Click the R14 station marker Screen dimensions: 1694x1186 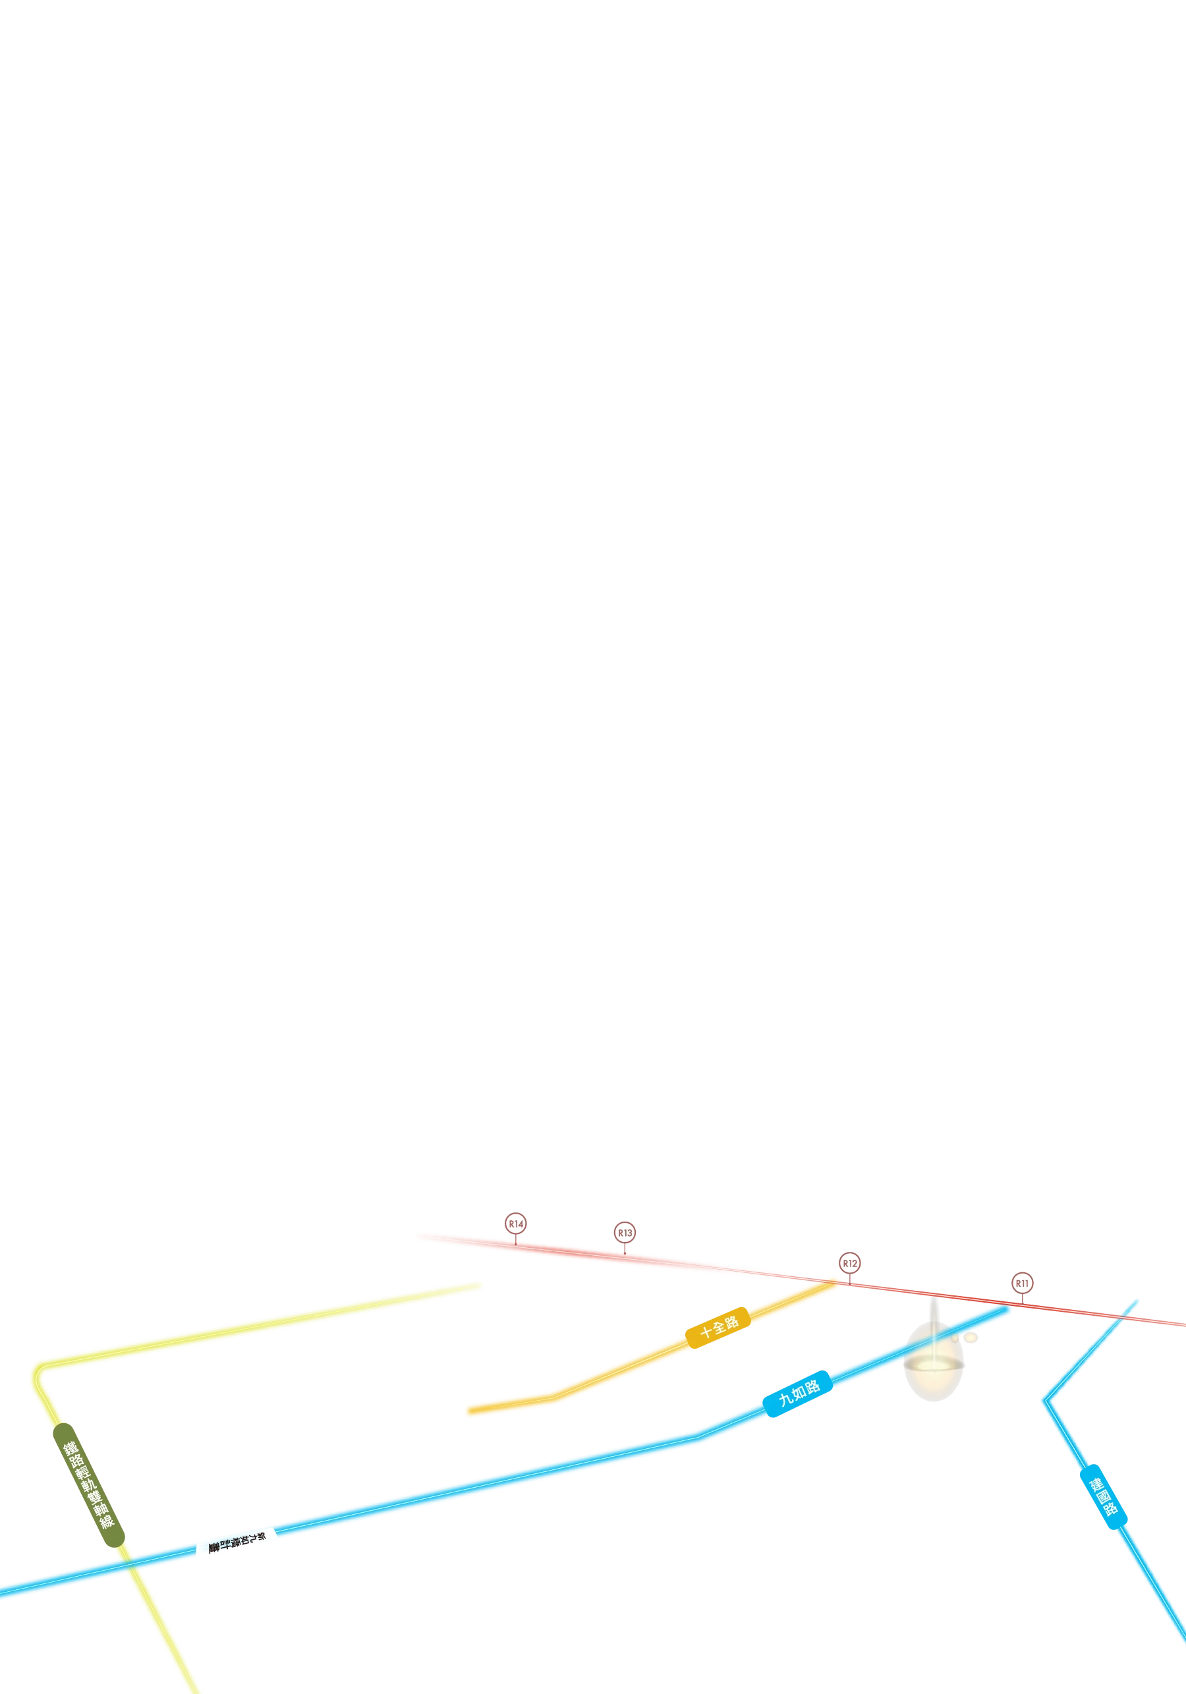coord(516,1224)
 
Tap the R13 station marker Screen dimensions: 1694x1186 coord(625,1232)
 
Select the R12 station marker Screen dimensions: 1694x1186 coord(849,1262)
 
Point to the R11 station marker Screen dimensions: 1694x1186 coord(1021,1283)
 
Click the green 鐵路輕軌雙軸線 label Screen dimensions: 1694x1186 coord(88,1483)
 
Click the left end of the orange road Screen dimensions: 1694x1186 coord(466,1411)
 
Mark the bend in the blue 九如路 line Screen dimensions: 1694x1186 coord(697,1434)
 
